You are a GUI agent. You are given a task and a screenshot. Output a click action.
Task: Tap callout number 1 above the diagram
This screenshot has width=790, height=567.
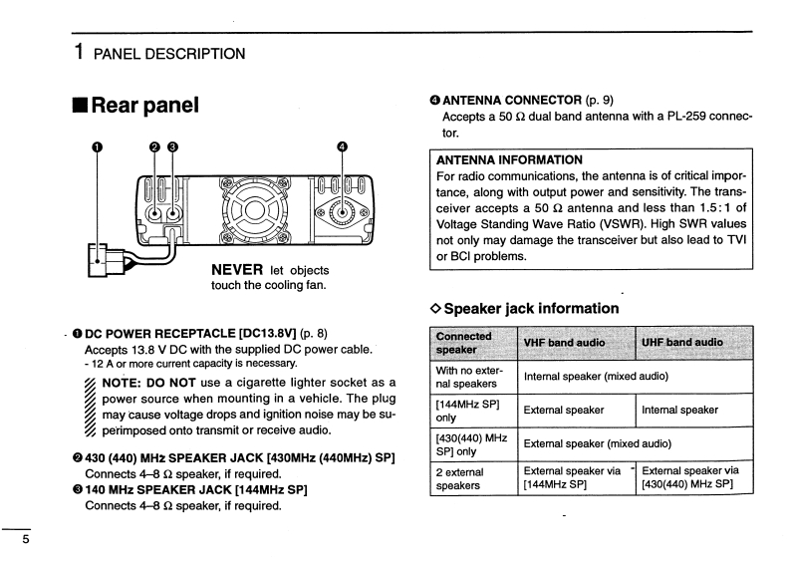coord(97,147)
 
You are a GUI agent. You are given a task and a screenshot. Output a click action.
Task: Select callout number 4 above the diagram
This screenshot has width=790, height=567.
coord(343,147)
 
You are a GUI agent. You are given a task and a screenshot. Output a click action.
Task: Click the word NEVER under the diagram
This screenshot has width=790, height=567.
coord(237,270)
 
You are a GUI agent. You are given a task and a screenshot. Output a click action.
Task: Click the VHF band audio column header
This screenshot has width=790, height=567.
coord(564,343)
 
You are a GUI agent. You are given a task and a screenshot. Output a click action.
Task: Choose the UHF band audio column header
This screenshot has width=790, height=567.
coord(682,343)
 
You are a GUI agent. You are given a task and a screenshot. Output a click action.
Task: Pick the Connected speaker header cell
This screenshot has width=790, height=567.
coord(464,343)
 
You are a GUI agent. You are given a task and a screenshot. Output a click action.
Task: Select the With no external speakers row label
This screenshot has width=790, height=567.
coord(469,377)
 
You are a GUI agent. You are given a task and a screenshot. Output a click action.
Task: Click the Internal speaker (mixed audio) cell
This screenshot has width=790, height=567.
coord(595,377)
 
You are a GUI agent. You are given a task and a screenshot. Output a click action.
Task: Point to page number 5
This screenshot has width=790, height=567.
coord(12,541)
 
